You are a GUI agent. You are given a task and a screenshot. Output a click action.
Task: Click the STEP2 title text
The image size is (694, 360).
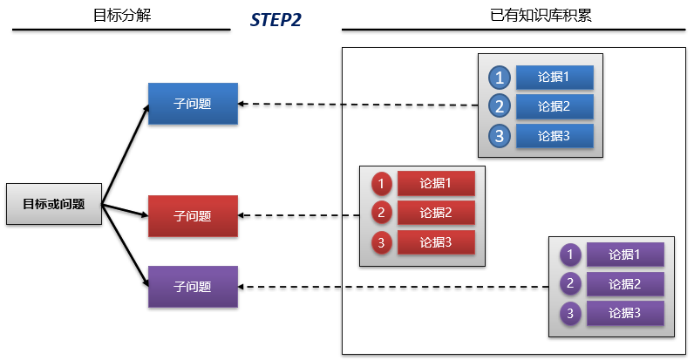[x=276, y=19]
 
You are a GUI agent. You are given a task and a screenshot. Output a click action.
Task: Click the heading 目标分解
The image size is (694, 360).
[x=121, y=15]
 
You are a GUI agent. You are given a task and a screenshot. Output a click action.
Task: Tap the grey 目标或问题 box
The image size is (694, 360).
[x=53, y=205]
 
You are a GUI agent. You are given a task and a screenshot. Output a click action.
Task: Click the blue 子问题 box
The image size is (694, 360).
[x=193, y=104]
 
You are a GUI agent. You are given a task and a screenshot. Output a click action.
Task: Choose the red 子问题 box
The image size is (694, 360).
[x=193, y=215]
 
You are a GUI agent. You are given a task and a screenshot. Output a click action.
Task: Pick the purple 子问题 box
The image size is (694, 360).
[x=193, y=286]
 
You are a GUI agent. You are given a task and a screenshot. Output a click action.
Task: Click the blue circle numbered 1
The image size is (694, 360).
[x=499, y=78]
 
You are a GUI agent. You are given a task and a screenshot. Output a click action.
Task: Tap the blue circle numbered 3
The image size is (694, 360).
[x=499, y=136]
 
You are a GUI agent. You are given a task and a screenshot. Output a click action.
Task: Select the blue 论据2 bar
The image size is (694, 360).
[x=554, y=106]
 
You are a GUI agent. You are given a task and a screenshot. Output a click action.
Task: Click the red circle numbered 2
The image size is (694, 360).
[x=381, y=213]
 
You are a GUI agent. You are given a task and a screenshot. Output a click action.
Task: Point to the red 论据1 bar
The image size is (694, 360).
[x=436, y=183]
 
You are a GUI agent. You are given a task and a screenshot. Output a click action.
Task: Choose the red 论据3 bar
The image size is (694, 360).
[x=436, y=242]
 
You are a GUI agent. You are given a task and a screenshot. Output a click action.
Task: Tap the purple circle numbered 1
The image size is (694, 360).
[x=569, y=255]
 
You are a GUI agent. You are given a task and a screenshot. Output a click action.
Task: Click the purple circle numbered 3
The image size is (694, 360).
[x=569, y=313]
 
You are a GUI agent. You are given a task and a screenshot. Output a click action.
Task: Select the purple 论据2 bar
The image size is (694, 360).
[x=625, y=283]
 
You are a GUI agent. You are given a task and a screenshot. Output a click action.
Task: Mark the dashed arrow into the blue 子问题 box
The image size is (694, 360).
[x=357, y=105]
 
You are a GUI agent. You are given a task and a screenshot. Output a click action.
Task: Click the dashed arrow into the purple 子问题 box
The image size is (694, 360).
[x=392, y=287]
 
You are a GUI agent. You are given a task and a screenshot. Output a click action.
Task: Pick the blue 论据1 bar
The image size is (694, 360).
[x=554, y=78]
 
